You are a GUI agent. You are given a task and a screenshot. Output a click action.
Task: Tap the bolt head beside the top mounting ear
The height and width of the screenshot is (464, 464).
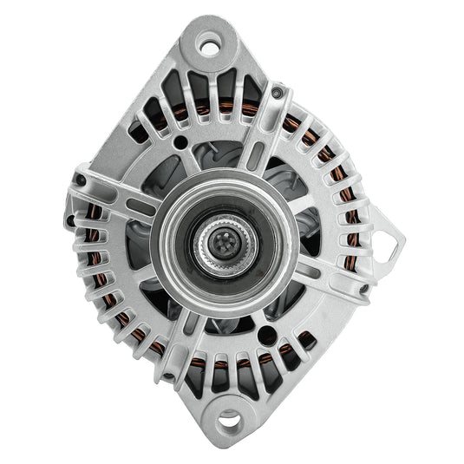(x=276, y=91)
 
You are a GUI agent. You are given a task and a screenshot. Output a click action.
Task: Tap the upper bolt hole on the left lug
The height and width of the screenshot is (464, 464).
(x=80, y=180)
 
